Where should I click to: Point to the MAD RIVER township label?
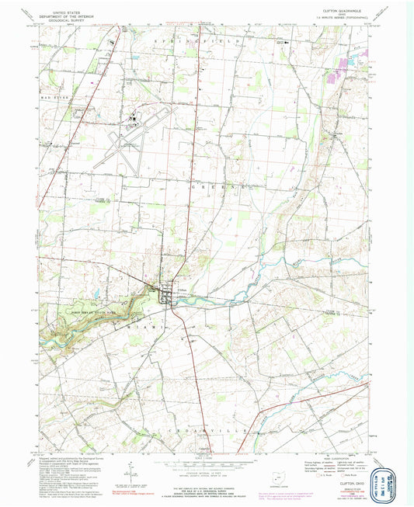[x=50, y=99]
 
